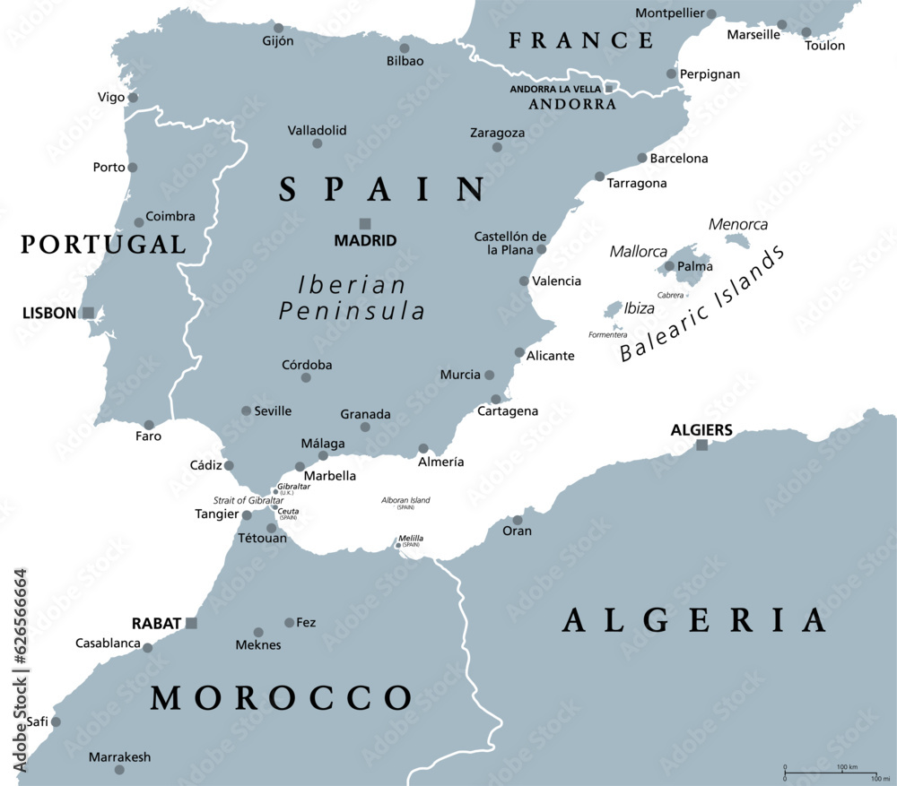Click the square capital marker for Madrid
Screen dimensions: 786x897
coord(365,223)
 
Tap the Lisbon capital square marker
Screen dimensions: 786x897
coord(88,313)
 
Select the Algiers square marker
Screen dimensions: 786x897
coord(701,445)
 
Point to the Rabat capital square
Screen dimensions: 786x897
coord(191,623)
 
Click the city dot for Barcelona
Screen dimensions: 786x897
coord(642,158)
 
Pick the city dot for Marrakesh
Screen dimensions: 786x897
coord(119,773)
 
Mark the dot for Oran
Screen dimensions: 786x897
coord(518,520)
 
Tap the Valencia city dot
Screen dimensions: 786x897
coord(524,281)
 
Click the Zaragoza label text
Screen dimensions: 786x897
coord(497,133)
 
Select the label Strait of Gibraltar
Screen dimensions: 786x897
coord(248,500)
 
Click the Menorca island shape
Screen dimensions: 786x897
coord(736,240)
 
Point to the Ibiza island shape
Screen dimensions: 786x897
coord(614,310)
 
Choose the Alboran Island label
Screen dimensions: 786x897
coord(405,500)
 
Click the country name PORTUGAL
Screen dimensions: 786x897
coord(103,244)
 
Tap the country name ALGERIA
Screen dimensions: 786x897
coord(693,620)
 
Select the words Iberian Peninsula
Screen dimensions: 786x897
coord(352,298)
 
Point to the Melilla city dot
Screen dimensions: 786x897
coord(398,544)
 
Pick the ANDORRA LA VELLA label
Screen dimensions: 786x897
coord(554,89)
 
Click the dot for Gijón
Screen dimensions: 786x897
coord(278,28)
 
